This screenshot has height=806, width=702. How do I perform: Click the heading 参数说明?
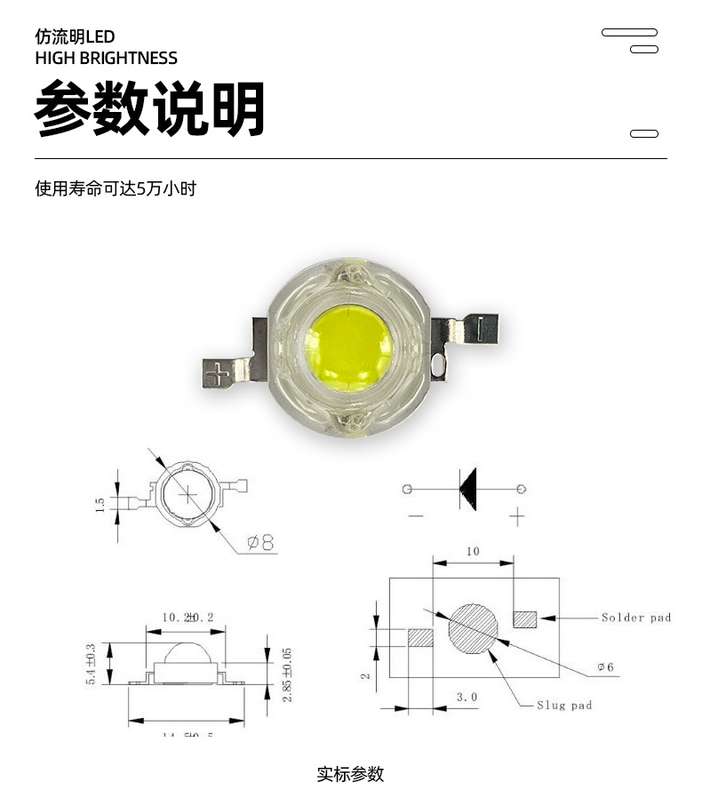coord(149,109)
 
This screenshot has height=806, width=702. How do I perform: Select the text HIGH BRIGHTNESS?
coord(106,59)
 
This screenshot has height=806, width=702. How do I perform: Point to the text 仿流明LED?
coord(75,36)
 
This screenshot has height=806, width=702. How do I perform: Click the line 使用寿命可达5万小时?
coord(115,188)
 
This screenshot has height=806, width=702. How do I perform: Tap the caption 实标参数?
coord(350,774)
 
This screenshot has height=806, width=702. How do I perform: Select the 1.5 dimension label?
coord(100,504)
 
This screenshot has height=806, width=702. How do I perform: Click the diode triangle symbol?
coord(468,489)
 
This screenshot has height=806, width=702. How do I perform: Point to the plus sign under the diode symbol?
coord(517,515)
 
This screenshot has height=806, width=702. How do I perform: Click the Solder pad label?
coord(635,618)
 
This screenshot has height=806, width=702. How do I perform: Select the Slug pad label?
coord(563,706)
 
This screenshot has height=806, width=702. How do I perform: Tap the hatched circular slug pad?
coord(474,628)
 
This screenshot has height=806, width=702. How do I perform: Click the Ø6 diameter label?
coord(604,666)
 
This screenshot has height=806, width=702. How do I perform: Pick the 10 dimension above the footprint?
coord(473,552)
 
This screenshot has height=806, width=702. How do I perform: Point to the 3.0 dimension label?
coord(467,698)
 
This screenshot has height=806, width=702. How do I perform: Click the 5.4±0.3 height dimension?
coord(91,663)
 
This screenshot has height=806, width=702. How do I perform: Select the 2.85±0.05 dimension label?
coord(287,674)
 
